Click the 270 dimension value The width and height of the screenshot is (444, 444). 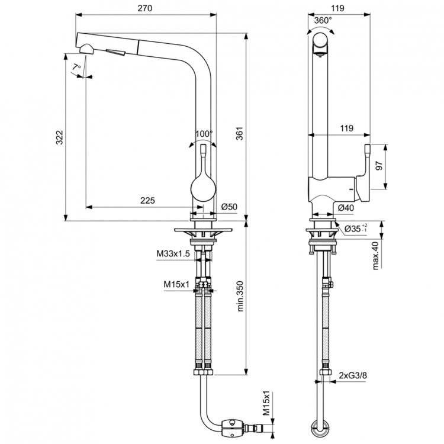146,8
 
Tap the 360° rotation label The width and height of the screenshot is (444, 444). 323,20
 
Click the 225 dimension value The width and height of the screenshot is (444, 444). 147,201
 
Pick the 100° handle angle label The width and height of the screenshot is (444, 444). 204,133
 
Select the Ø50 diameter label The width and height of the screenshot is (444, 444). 229,207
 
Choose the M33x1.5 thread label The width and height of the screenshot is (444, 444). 173,254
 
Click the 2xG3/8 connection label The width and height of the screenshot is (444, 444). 354,375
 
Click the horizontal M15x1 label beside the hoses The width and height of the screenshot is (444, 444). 176,284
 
